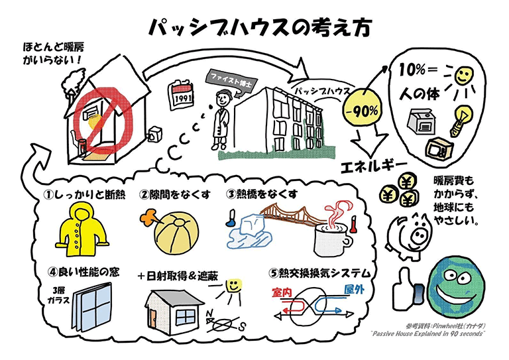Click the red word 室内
282,292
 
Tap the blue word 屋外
354,289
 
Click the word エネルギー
373,166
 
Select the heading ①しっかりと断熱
84,194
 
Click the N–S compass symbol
225,322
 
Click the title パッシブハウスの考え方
260,28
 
